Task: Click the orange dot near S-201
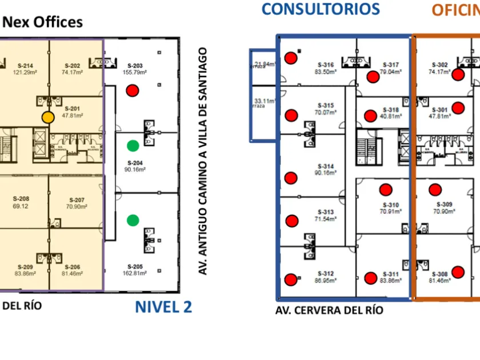tap(48, 117)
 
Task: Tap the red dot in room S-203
tap(133, 90)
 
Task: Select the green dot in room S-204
tap(133, 146)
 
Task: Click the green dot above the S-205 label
tap(133, 219)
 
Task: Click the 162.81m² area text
tap(134, 273)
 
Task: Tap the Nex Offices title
tap(43, 22)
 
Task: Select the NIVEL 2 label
tap(163, 307)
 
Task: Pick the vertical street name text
tap(202, 161)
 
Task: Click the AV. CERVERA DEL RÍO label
tap(329, 310)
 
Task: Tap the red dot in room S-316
tap(291, 57)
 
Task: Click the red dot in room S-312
tap(291, 279)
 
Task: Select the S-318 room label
tap(390, 110)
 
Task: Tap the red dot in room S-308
tap(457, 272)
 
